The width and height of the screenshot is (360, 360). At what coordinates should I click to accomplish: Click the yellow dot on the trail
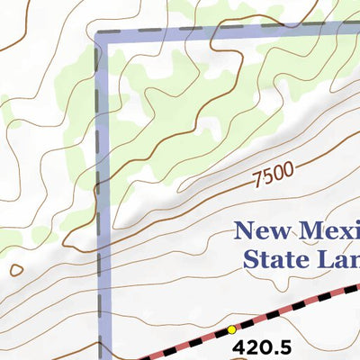pos(230,329)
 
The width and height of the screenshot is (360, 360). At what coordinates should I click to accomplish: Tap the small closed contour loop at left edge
pos(15,269)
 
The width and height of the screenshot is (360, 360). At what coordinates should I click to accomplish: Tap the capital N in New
pos(242,231)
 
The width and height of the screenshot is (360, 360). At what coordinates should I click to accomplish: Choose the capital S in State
pos(250,260)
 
